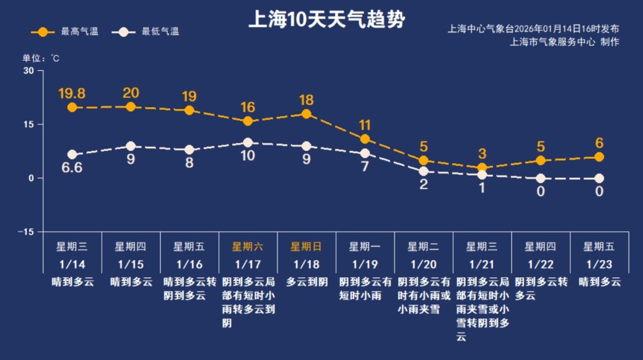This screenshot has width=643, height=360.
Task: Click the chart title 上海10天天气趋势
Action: (x=326, y=20)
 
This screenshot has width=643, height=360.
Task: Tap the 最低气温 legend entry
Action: (x=146, y=32)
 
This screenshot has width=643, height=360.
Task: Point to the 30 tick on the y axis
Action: (x=29, y=71)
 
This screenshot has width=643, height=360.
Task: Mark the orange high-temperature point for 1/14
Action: (x=72, y=108)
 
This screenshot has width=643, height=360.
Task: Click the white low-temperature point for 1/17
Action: (x=248, y=143)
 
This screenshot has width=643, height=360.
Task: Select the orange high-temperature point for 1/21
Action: (x=482, y=168)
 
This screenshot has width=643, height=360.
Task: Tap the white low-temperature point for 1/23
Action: (x=600, y=179)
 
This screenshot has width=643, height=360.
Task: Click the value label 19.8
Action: (x=71, y=93)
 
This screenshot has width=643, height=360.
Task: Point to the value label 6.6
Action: (x=71, y=168)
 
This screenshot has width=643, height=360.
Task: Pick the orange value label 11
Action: (x=365, y=126)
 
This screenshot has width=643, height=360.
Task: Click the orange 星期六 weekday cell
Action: (x=248, y=246)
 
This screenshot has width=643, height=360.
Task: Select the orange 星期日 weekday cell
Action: (x=306, y=246)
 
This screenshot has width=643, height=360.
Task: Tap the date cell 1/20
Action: (x=423, y=264)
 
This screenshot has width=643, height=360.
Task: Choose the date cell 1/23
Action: (x=600, y=264)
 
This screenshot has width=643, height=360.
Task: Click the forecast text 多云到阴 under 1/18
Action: (x=306, y=282)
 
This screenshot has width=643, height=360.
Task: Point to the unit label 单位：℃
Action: (x=40, y=58)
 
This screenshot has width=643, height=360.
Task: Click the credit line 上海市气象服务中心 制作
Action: (x=564, y=42)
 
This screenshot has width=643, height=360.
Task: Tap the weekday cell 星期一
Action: (x=365, y=246)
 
